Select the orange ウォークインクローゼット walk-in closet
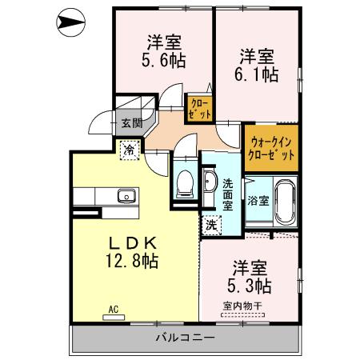(x=271, y=146)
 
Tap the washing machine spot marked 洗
(x=211, y=225)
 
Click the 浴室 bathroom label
(x=258, y=199)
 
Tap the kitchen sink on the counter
(x=126, y=196)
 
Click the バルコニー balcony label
(x=186, y=338)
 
